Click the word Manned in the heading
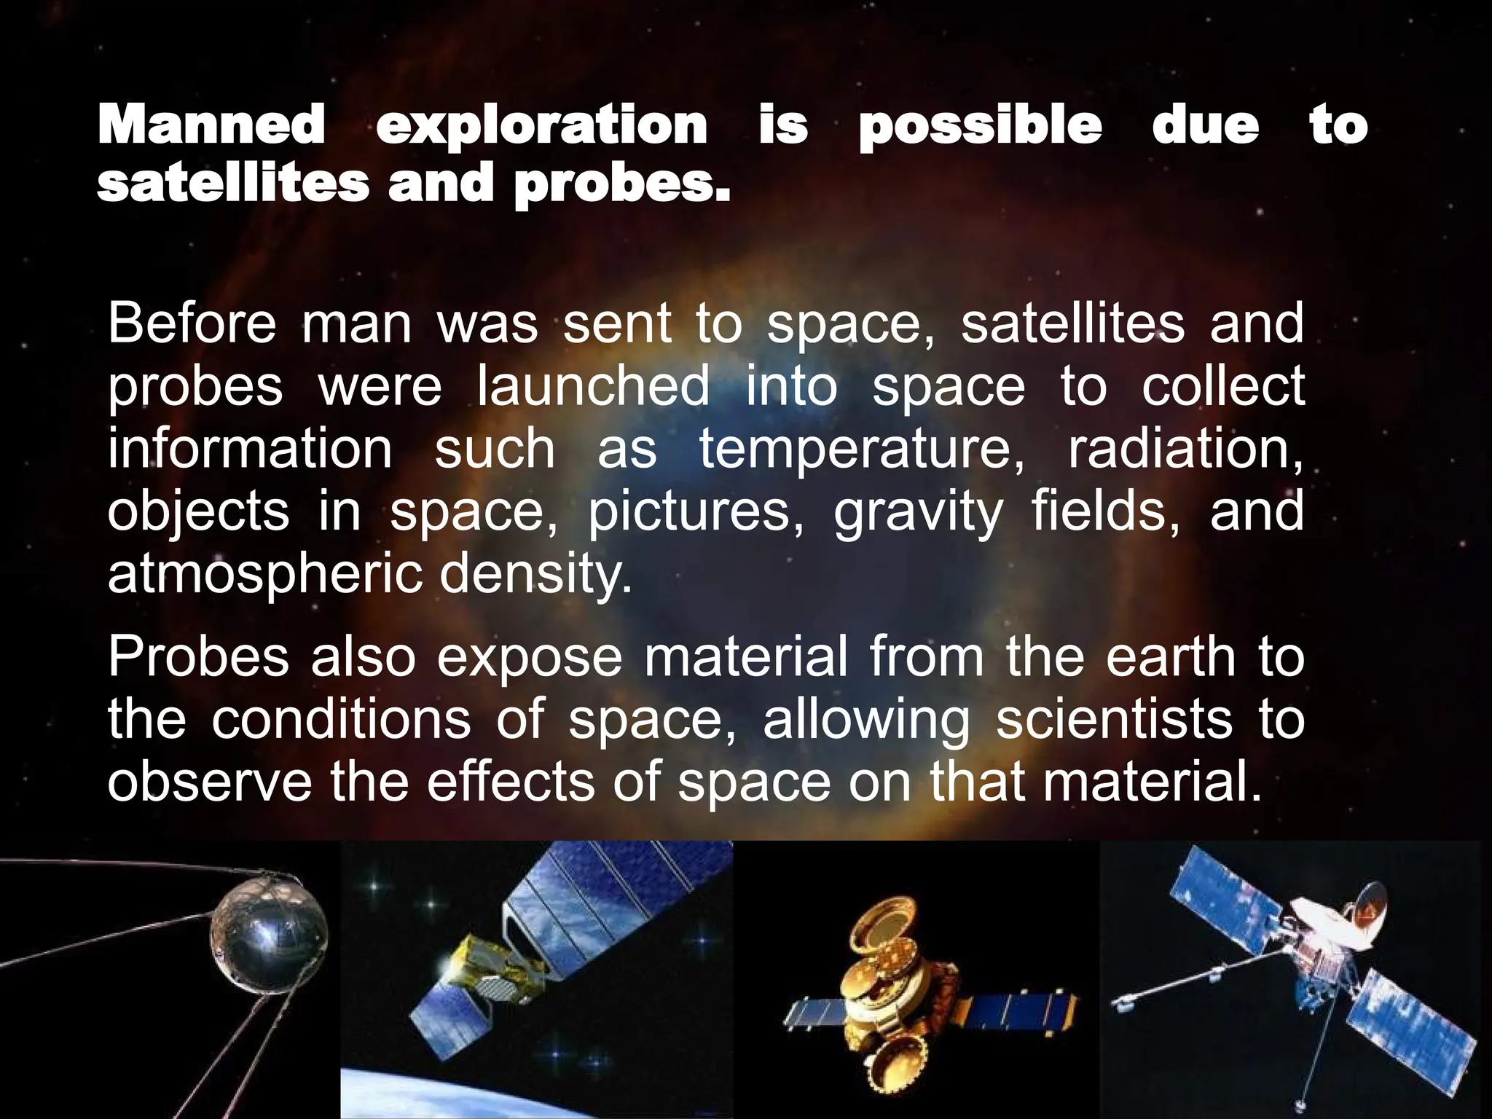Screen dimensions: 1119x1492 [211, 125]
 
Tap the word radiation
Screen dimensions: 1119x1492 [1185, 449]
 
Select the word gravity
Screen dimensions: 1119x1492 [918, 513]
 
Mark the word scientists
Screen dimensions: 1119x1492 [1114, 720]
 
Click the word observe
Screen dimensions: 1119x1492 [210, 782]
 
